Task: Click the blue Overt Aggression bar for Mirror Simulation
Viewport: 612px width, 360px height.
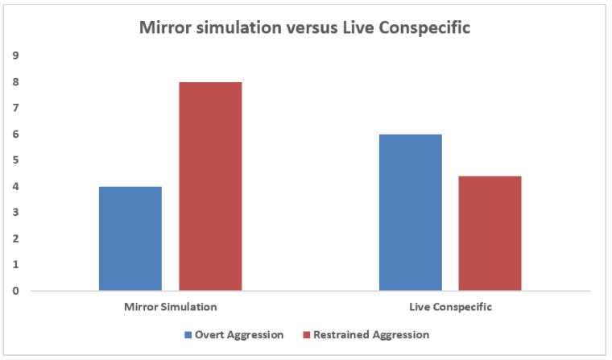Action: [130, 238]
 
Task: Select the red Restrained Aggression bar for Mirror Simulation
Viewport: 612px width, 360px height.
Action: [210, 186]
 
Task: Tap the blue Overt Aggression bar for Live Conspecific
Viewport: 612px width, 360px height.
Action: [411, 213]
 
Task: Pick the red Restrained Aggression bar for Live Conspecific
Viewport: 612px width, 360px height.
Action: [490, 234]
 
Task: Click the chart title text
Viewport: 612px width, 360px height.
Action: [304, 26]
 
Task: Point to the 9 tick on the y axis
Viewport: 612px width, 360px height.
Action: [16, 56]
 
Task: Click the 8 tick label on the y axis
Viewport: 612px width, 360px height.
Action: [16, 82]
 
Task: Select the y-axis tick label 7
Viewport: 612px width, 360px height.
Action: [16, 108]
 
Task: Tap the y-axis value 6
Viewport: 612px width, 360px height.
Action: [16, 134]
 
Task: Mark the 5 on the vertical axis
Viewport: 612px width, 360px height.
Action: [16, 160]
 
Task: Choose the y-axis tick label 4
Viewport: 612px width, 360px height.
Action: [16, 187]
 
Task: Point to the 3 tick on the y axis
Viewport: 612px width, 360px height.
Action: [16, 213]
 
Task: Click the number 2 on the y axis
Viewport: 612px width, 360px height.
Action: [16, 239]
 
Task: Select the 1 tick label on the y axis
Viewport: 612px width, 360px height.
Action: [16, 265]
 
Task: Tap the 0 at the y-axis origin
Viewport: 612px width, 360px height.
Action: [16, 292]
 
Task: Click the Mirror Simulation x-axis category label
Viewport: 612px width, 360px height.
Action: [171, 308]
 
